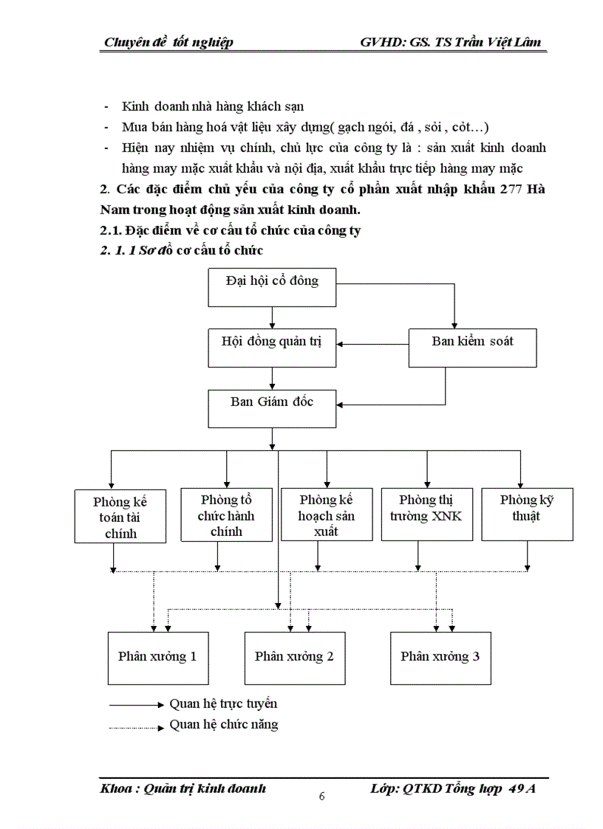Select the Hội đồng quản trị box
[x=272, y=348]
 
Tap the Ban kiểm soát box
[x=472, y=348]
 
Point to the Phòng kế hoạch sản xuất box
[x=326, y=515]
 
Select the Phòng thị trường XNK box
[x=426, y=514]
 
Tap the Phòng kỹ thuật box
[x=527, y=514]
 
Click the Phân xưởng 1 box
[x=157, y=657]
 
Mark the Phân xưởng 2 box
[x=294, y=657]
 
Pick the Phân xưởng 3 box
[x=440, y=657]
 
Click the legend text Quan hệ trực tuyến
[x=223, y=704]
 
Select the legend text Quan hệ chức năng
[x=224, y=725]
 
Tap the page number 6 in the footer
[x=321, y=796]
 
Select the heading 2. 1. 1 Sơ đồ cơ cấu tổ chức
[x=182, y=251]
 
